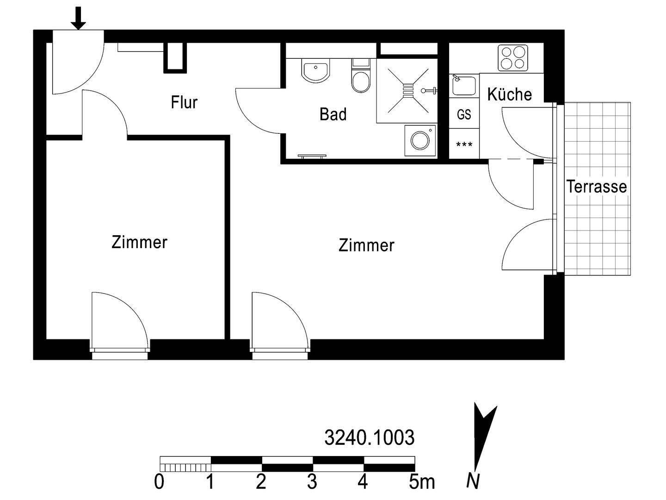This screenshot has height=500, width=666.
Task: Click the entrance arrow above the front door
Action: click(79, 18)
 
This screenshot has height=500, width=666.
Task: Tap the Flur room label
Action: click(184, 102)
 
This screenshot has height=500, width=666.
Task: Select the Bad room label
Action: click(333, 114)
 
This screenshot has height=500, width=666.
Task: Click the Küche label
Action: click(509, 94)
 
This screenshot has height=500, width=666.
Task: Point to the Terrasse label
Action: click(597, 187)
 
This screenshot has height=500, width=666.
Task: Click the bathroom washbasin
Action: click(315, 72)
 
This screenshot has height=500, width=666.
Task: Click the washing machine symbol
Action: click(420, 140)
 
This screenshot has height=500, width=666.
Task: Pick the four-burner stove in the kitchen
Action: click(513, 58)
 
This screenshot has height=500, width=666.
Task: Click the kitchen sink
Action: click(463, 86)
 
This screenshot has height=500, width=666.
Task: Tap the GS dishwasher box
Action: click(464, 114)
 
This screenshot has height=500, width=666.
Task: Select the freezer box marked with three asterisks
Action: click(464, 145)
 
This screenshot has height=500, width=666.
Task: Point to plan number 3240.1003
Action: click(369, 437)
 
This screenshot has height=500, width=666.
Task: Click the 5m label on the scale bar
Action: click(421, 482)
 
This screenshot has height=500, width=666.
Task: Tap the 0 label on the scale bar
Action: click(159, 482)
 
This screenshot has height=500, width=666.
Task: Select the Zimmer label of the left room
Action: click(139, 242)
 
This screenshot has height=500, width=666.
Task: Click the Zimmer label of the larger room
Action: click(366, 245)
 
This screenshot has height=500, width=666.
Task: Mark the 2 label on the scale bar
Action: click(261, 482)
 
